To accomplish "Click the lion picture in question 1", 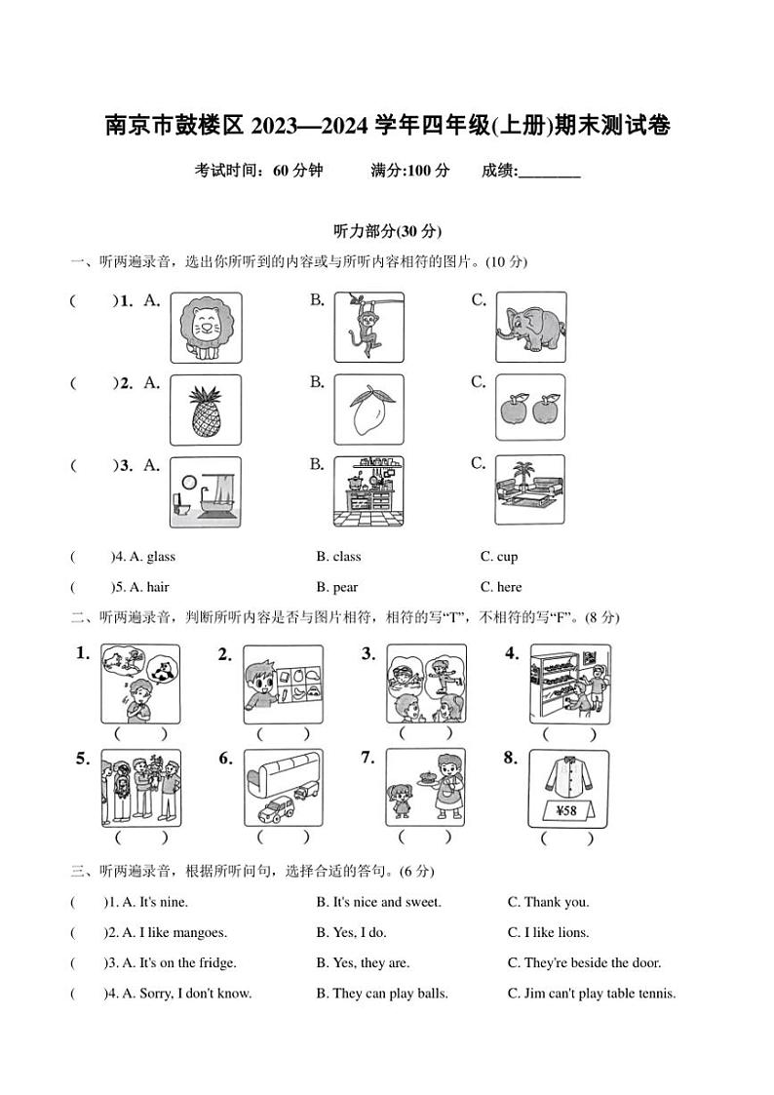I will [206, 328].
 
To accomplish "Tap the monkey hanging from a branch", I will [368, 328].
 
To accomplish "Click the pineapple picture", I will [206, 411].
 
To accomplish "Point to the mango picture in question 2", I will [368, 411].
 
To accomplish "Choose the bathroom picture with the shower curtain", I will [206, 492].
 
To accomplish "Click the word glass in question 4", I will [160, 557].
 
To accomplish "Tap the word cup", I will [507, 557].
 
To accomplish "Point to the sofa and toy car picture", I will [284, 787].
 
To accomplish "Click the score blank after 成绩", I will [549, 172].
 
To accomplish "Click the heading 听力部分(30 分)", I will [387, 231].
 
